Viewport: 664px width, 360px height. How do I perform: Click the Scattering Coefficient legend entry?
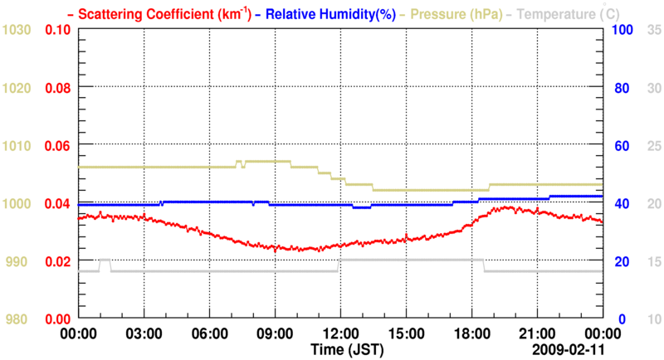point(146,14)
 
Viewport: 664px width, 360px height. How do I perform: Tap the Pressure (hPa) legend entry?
point(448,14)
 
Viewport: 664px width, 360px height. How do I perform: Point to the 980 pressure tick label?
point(17,319)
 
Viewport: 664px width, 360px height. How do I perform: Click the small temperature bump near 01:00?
point(105,260)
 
